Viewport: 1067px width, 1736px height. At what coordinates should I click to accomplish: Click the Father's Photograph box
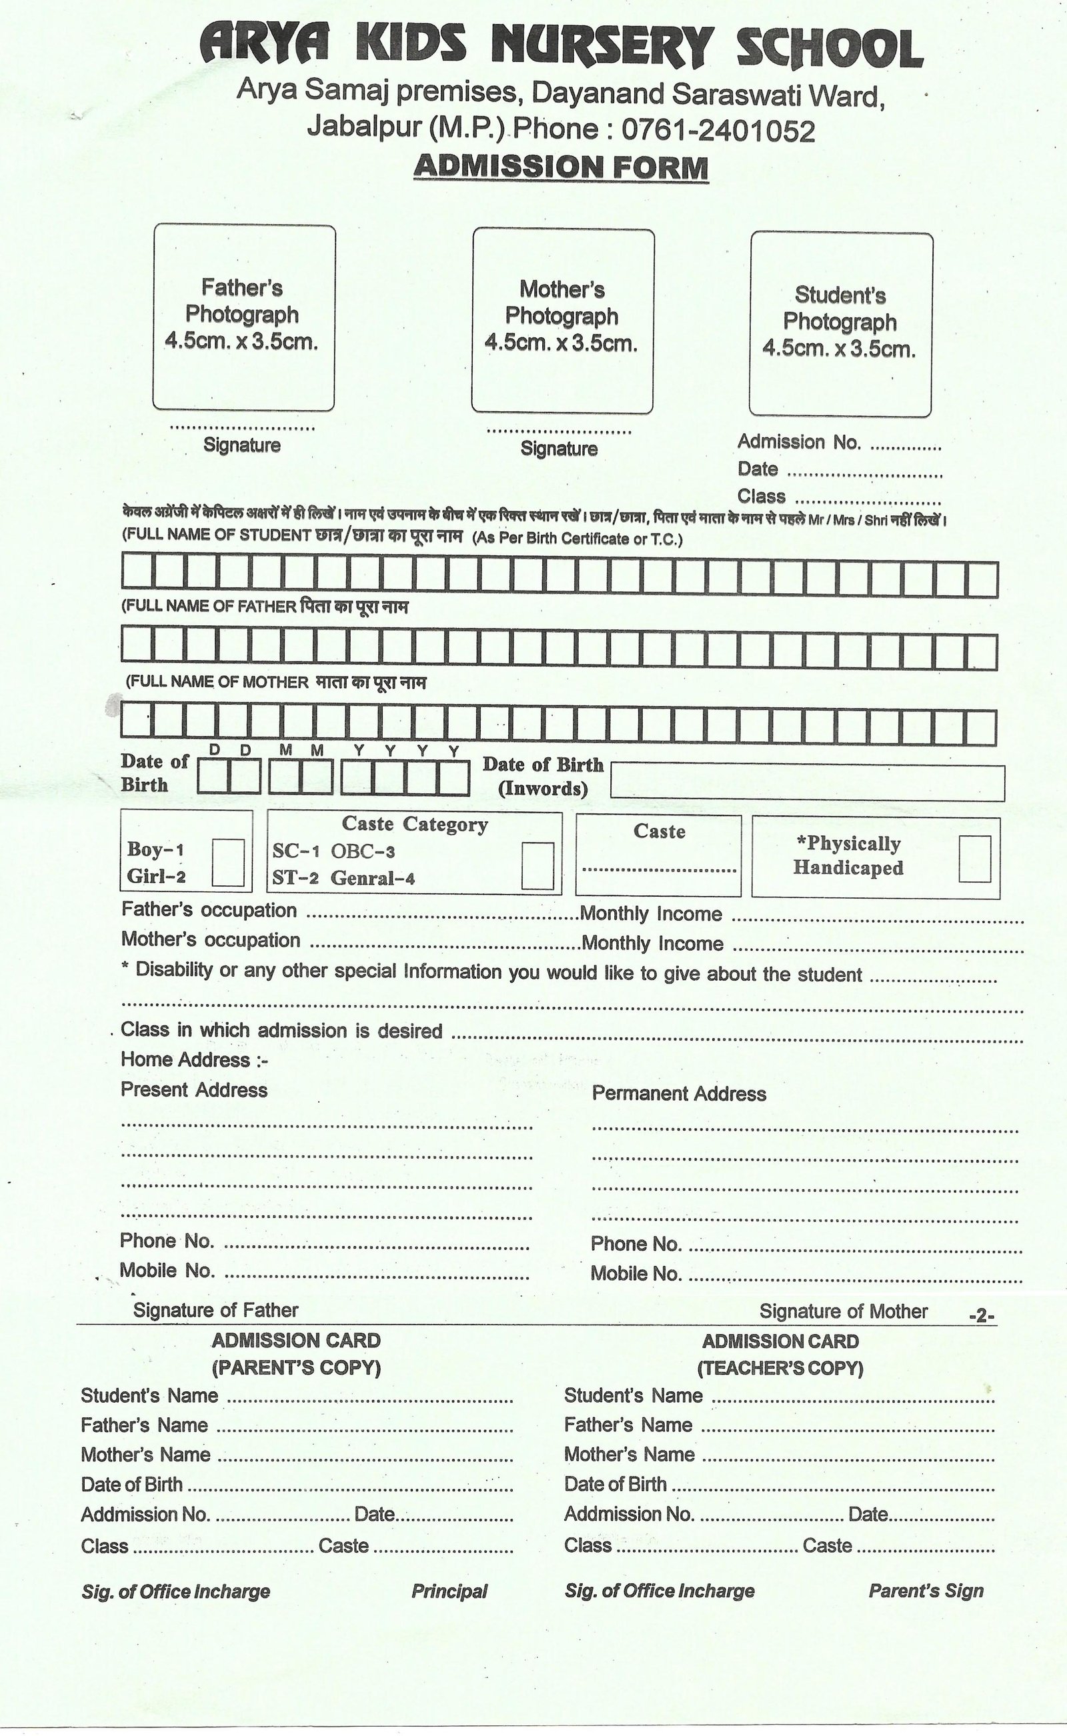tap(243, 317)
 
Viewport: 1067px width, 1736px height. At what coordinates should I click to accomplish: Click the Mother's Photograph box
tap(562, 320)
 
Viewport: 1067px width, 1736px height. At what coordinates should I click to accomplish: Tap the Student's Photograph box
tap(840, 324)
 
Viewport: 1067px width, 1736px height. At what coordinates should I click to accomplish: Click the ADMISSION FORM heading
tap(561, 167)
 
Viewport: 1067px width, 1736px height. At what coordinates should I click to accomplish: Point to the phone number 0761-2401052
tap(718, 131)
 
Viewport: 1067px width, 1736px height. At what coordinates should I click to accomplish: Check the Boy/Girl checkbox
tap(228, 862)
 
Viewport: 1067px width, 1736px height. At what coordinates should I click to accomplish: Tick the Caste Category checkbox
tap(537, 865)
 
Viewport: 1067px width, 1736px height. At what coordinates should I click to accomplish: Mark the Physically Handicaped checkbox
tap(974, 859)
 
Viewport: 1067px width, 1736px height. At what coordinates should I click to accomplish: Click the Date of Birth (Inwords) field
tap(807, 782)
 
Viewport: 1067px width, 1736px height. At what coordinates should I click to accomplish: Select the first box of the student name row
tap(137, 571)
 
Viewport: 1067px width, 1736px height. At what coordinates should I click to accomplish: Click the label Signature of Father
tap(215, 1310)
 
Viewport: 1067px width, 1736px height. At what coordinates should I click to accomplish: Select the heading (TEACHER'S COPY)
tap(780, 1369)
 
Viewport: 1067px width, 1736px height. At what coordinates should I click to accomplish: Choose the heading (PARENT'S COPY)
tap(296, 1368)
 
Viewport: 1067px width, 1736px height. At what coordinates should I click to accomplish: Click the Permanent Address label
tap(679, 1093)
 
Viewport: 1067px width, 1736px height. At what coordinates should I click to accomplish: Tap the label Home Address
tap(194, 1059)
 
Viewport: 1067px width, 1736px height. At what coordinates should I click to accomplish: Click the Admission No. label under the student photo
tap(799, 441)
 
